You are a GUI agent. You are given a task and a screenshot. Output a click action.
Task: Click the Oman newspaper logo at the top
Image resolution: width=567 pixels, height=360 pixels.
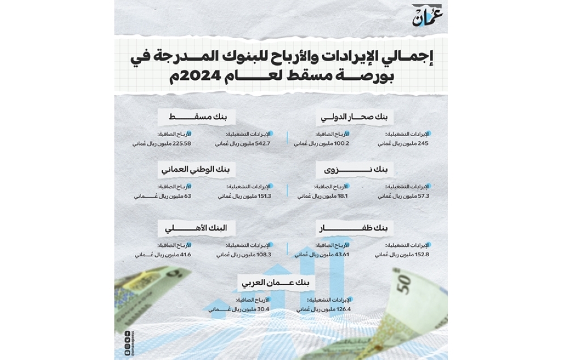[426, 16]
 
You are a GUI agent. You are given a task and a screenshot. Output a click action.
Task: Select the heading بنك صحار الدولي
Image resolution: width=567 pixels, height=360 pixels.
[356, 117]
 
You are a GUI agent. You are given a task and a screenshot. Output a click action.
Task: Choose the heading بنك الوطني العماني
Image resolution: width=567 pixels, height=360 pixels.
[198, 170]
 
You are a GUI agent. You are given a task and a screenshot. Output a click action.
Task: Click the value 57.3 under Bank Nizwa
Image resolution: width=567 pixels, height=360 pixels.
[423, 196]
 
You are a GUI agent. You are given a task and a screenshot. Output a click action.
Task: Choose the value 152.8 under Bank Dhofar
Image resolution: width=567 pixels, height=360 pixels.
[422, 255]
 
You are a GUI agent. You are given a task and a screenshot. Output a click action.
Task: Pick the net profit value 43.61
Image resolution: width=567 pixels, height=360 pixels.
[341, 255]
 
